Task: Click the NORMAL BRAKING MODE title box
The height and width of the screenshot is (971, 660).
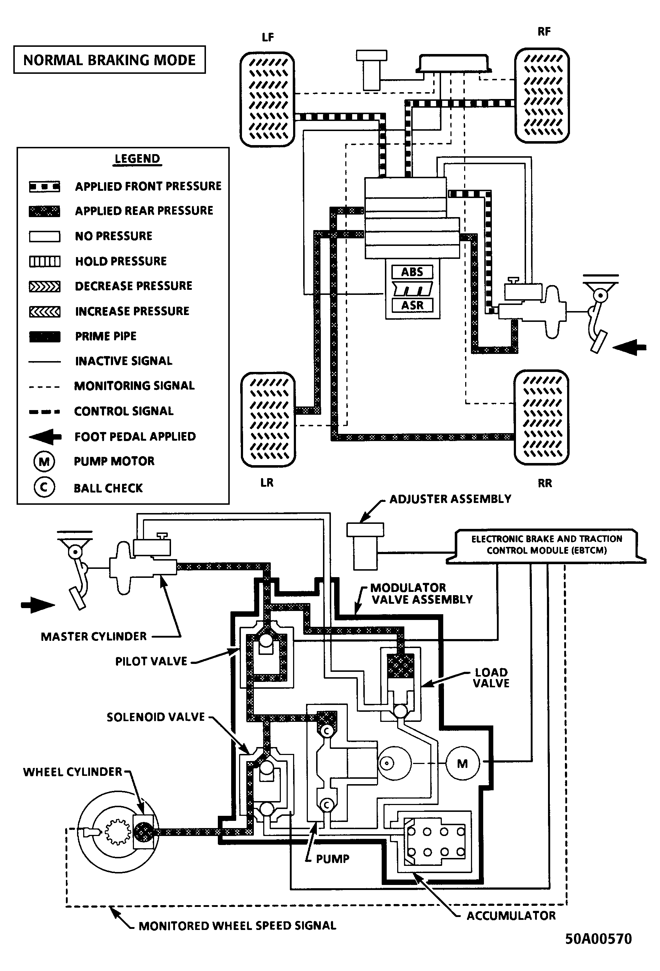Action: pos(109,60)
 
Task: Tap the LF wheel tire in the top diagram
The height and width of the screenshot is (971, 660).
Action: pos(268,99)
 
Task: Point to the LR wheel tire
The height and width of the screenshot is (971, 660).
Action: pos(268,419)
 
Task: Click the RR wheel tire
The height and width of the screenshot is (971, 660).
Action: pos(542,417)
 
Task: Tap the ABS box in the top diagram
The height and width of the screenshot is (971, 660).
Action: pos(412,272)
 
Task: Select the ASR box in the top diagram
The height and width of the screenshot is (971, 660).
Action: pos(412,305)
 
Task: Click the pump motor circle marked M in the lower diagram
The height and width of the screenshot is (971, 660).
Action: pos(462,764)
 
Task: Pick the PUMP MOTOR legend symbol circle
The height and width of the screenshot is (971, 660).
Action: pos(44,461)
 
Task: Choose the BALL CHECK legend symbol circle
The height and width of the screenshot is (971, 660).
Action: pos(44,487)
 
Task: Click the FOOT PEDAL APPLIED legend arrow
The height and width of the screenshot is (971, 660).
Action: pos(45,437)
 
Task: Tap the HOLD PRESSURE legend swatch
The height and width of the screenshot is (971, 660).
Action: pos(44,261)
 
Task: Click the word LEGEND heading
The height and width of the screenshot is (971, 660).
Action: pos(137,159)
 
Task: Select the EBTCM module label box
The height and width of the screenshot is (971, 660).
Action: pos(546,547)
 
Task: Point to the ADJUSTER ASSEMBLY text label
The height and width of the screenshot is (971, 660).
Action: pos(450,499)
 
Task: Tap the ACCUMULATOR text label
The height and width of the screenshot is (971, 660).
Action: pos(511,916)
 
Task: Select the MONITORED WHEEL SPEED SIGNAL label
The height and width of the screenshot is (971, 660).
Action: pos(237,926)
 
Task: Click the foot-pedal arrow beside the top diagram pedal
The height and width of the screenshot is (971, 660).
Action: pos(630,347)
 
